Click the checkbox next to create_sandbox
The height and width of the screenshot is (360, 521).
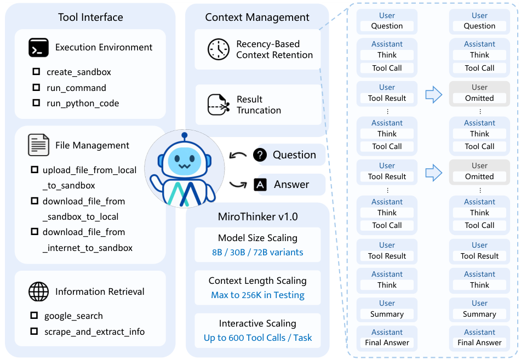tap(36, 72)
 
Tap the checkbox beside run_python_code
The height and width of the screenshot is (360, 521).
tap(36, 103)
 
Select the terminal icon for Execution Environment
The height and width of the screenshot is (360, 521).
tap(38, 48)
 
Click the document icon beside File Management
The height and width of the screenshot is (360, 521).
tap(38, 145)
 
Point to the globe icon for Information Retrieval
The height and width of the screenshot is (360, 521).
tap(38, 292)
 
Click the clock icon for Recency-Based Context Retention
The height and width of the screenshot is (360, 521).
tap(218, 49)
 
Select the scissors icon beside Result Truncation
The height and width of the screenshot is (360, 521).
tap(218, 105)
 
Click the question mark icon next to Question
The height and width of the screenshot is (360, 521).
tap(260, 155)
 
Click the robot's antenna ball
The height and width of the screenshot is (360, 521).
tap(184, 135)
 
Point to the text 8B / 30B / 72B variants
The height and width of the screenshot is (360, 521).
tap(257, 252)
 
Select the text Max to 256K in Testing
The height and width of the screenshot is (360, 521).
tap(257, 295)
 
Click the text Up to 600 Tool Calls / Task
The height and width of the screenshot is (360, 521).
tap(257, 338)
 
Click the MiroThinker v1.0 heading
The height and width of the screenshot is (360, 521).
tap(257, 216)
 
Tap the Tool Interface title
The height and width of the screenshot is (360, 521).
tap(90, 18)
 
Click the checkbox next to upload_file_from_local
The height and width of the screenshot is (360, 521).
tap(35, 170)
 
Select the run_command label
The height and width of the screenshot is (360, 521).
tap(76, 88)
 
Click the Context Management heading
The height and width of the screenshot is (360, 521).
tap(257, 18)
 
